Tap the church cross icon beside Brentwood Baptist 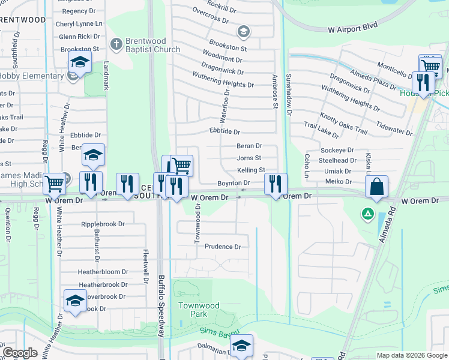tap(116, 43)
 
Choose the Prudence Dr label tap(223, 247)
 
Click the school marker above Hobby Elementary tap(79, 61)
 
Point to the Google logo tap(20, 353)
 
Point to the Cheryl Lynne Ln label tap(79, 24)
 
